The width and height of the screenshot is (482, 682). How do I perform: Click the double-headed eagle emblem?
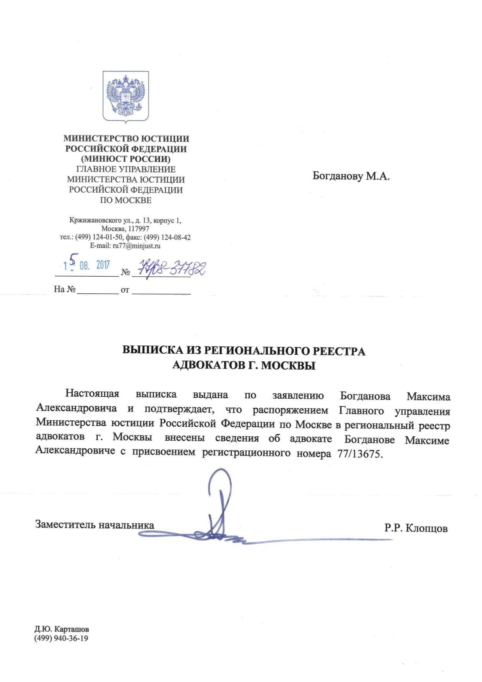[x=126, y=96]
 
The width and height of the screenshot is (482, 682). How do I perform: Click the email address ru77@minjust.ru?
[x=136, y=246]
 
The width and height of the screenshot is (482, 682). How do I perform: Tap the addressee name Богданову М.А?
[x=351, y=176]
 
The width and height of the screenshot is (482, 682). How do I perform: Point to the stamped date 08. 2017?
[x=94, y=265]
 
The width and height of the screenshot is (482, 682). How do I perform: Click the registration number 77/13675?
[x=360, y=454]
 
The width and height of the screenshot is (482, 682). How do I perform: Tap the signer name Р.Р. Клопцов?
[x=416, y=528]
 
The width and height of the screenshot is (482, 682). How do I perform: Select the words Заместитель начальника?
[x=94, y=525]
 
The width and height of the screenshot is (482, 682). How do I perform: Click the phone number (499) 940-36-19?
[x=61, y=638]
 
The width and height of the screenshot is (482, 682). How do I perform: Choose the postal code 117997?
[x=138, y=229]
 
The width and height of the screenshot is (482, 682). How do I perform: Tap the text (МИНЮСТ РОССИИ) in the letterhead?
[x=126, y=159]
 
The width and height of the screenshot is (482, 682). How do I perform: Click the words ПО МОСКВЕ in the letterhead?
[x=126, y=201]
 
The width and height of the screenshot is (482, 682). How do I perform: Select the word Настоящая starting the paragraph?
[x=92, y=393]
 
